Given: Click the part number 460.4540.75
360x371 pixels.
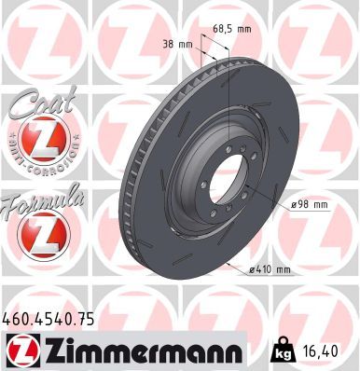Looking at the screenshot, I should click(x=48, y=320).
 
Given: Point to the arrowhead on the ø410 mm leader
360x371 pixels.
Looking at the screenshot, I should click(x=228, y=264).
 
